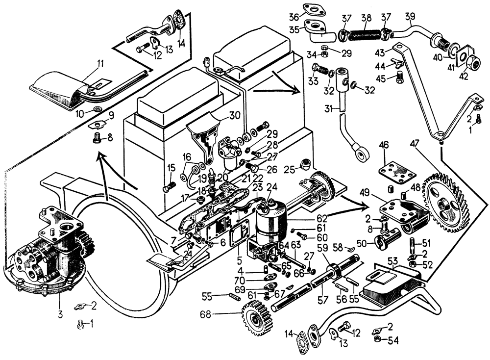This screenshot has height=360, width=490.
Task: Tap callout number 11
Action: [x=100, y=63]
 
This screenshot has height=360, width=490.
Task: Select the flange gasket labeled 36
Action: [x=312, y=9]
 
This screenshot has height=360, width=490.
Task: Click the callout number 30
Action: [x=235, y=116]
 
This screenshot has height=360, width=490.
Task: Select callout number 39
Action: [x=411, y=16]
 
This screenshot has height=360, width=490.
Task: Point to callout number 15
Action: [x=171, y=168]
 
